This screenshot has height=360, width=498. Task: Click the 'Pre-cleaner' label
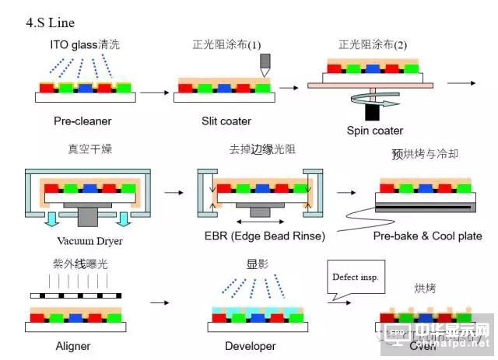click(x=82, y=121)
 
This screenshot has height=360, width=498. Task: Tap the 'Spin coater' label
click(x=375, y=130)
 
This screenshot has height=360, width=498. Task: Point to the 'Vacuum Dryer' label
click(x=90, y=240)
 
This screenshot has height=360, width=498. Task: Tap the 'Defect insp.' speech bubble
click(x=356, y=277)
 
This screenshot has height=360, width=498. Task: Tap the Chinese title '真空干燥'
click(x=89, y=149)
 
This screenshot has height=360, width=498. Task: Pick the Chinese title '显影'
click(x=258, y=264)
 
